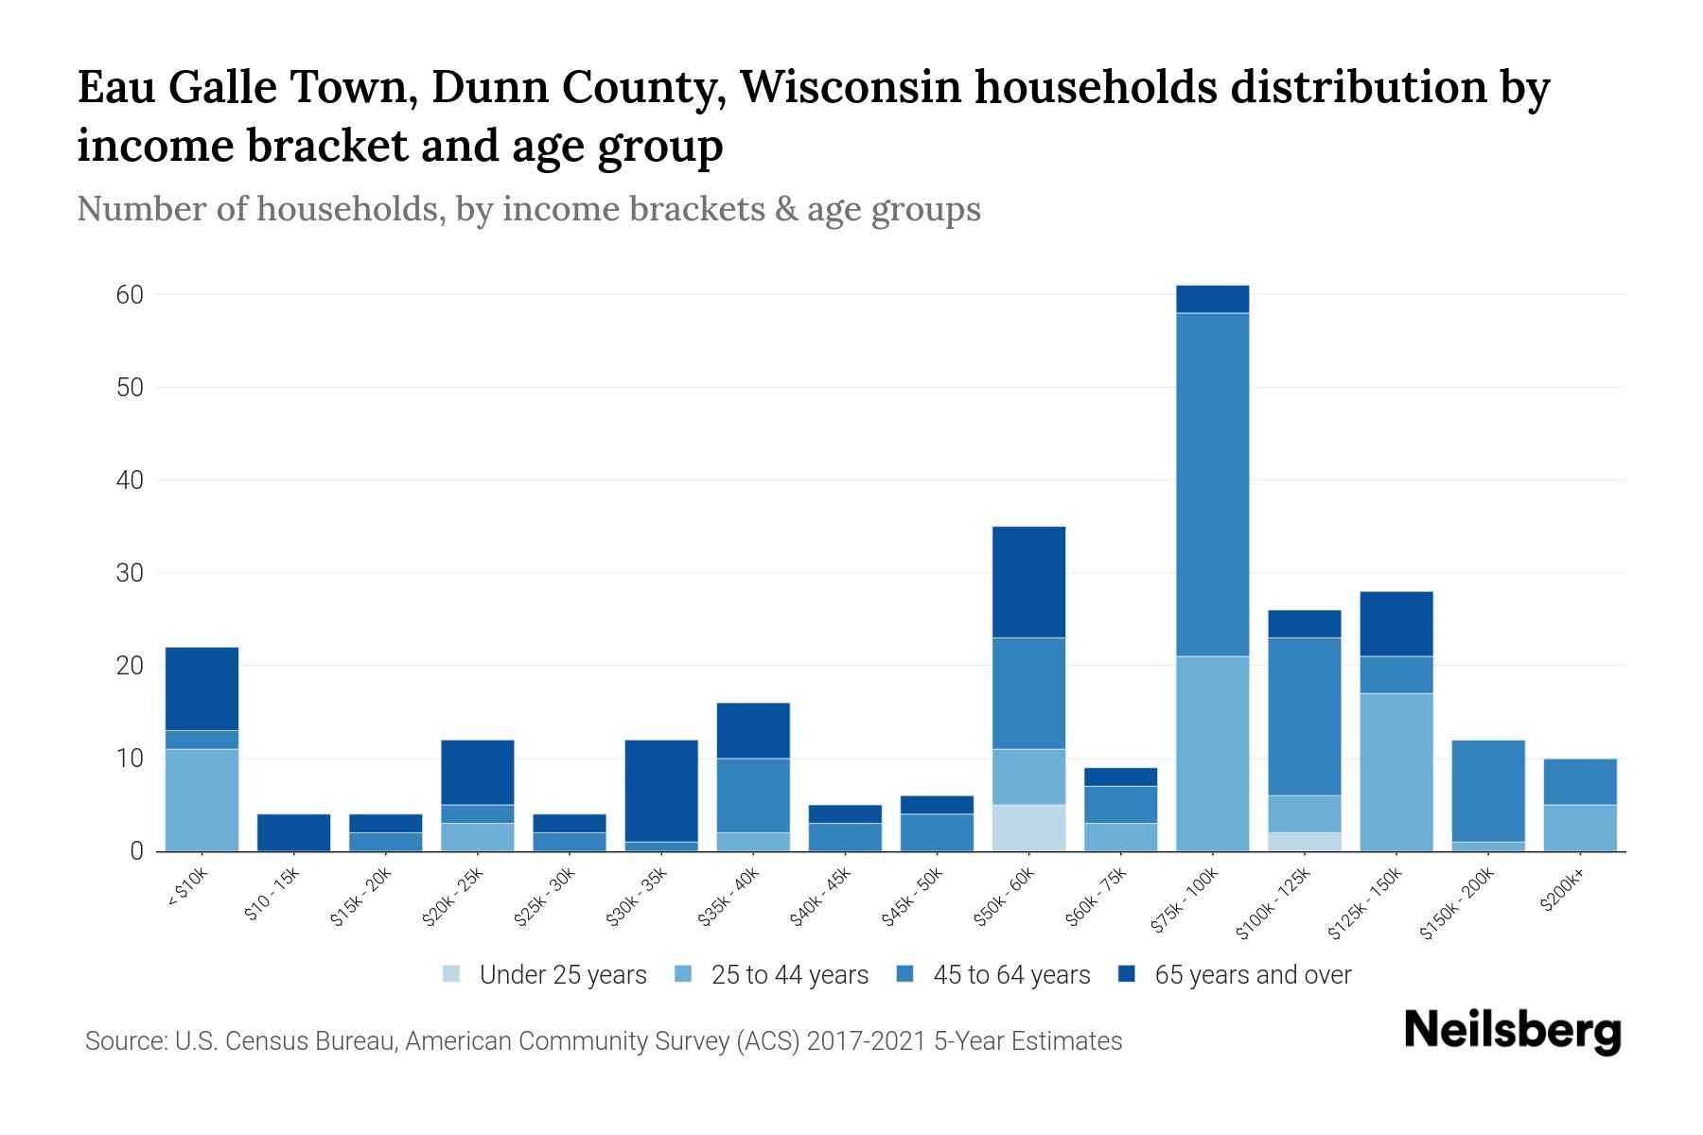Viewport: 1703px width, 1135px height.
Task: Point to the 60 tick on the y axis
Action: coord(130,295)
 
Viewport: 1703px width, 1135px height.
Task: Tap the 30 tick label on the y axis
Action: coord(130,573)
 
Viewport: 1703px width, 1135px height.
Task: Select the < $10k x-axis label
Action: coord(187,888)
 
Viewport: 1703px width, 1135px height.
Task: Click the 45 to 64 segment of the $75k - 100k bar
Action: coord(1212,484)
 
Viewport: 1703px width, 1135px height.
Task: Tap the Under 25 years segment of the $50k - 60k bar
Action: coord(1028,828)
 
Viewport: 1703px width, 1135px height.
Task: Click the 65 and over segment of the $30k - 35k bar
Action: coord(661,791)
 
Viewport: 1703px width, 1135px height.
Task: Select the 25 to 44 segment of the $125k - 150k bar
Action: coord(1396,772)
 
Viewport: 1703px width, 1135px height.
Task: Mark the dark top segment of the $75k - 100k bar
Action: coord(1212,299)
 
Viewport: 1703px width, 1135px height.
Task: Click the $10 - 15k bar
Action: coord(293,832)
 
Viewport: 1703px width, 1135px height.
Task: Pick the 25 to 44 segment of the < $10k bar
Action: coord(202,800)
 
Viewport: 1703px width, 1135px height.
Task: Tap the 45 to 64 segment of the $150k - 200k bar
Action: coord(1487,791)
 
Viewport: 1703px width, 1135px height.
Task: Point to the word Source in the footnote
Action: coord(123,1041)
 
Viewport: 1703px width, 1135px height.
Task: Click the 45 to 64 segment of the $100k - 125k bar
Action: coord(1304,716)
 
